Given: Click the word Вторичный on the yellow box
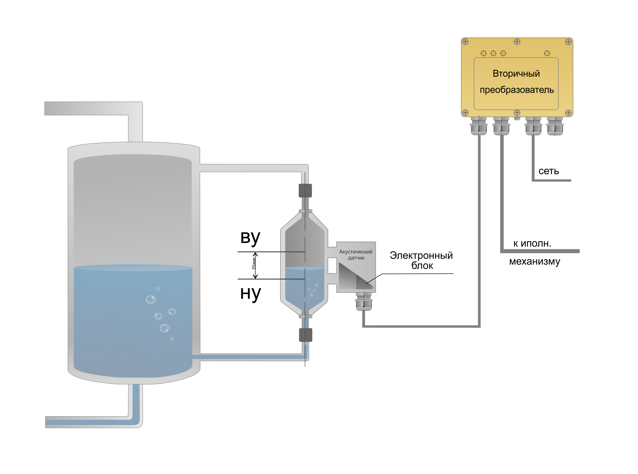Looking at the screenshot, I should tap(516, 74).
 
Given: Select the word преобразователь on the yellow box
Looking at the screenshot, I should tap(517, 90).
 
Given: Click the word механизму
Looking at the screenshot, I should tap(534, 262).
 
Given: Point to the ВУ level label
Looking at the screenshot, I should tap(250, 238).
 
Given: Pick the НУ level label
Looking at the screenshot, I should tap(250, 294).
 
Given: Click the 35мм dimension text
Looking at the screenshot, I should tap(253, 264).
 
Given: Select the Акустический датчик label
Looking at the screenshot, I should tap(356, 255).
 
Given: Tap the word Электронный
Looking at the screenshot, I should tap(421, 255).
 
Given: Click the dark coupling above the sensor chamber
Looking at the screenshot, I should tap(305, 191).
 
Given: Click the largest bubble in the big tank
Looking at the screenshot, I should tap(165, 328).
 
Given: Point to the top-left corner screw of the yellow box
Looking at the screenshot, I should tap(465, 42).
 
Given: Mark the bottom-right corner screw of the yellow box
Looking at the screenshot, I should tap(568, 112).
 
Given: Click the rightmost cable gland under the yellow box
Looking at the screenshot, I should tap(555, 126).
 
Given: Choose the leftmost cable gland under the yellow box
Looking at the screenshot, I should tap(479, 126).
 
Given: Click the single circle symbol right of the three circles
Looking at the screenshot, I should tap(547, 53).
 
